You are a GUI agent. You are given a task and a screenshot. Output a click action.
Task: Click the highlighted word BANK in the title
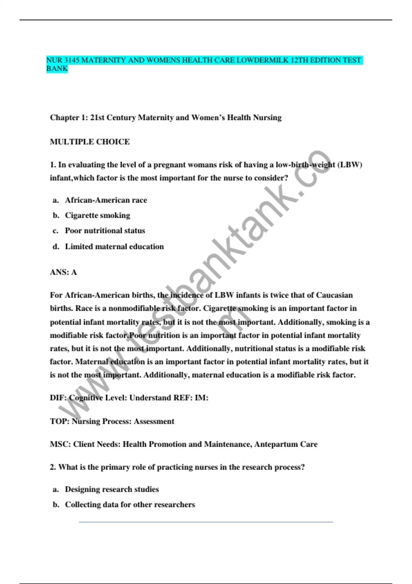57,69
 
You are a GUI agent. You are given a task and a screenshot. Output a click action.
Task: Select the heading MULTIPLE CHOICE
90,142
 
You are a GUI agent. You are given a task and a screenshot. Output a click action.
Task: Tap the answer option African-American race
106,200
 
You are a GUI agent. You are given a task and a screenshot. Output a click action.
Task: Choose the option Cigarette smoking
98,215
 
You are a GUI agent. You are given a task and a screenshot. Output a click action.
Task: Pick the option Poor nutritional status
105,231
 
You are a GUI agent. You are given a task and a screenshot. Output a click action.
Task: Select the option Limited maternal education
114,247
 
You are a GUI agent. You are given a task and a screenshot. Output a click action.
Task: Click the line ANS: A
64,272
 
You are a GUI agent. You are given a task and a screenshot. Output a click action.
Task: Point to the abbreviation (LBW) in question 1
350,165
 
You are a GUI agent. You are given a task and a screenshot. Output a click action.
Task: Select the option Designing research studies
112,489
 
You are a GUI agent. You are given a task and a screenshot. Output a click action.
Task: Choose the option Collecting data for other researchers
130,505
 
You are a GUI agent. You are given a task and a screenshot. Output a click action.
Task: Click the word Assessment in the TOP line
154,422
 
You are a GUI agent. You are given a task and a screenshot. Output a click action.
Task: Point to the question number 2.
53,467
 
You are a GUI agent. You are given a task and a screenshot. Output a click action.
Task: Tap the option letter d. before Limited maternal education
56,247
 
